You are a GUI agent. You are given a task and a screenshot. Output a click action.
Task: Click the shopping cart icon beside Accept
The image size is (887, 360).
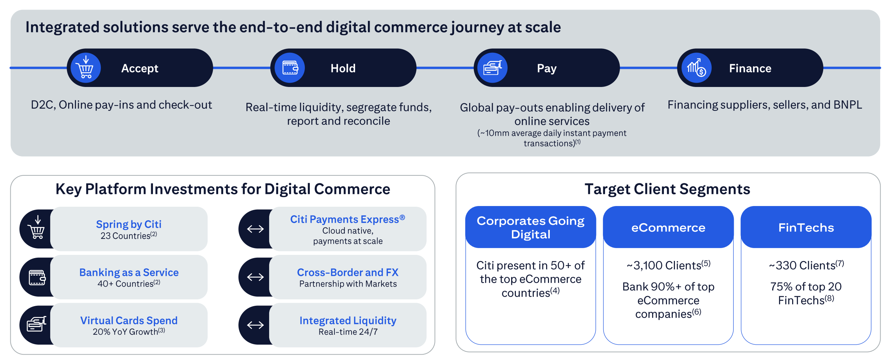click(86, 67)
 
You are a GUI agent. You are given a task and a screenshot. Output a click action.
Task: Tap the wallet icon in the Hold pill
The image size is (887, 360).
click(290, 67)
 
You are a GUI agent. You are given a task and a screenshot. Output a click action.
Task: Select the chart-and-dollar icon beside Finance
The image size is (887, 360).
click(696, 67)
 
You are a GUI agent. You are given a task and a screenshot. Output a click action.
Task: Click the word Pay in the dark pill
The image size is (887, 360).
click(547, 68)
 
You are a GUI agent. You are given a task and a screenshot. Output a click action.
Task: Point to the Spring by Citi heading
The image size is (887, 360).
click(129, 224)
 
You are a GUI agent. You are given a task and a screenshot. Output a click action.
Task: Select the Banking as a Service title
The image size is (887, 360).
click(129, 272)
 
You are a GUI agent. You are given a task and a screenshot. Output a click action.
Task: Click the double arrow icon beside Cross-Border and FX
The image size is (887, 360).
click(255, 277)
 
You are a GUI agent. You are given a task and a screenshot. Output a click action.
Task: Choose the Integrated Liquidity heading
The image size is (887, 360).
click(348, 320)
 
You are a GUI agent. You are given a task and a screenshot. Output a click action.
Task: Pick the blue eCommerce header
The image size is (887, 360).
click(668, 227)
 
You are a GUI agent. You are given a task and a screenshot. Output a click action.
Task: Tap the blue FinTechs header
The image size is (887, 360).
click(806, 227)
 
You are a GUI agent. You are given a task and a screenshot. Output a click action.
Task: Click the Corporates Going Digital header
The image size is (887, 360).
click(530, 227)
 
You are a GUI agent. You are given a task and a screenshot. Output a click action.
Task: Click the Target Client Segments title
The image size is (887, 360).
click(667, 189)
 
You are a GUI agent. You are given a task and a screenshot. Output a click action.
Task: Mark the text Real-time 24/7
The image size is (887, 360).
click(348, 332)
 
